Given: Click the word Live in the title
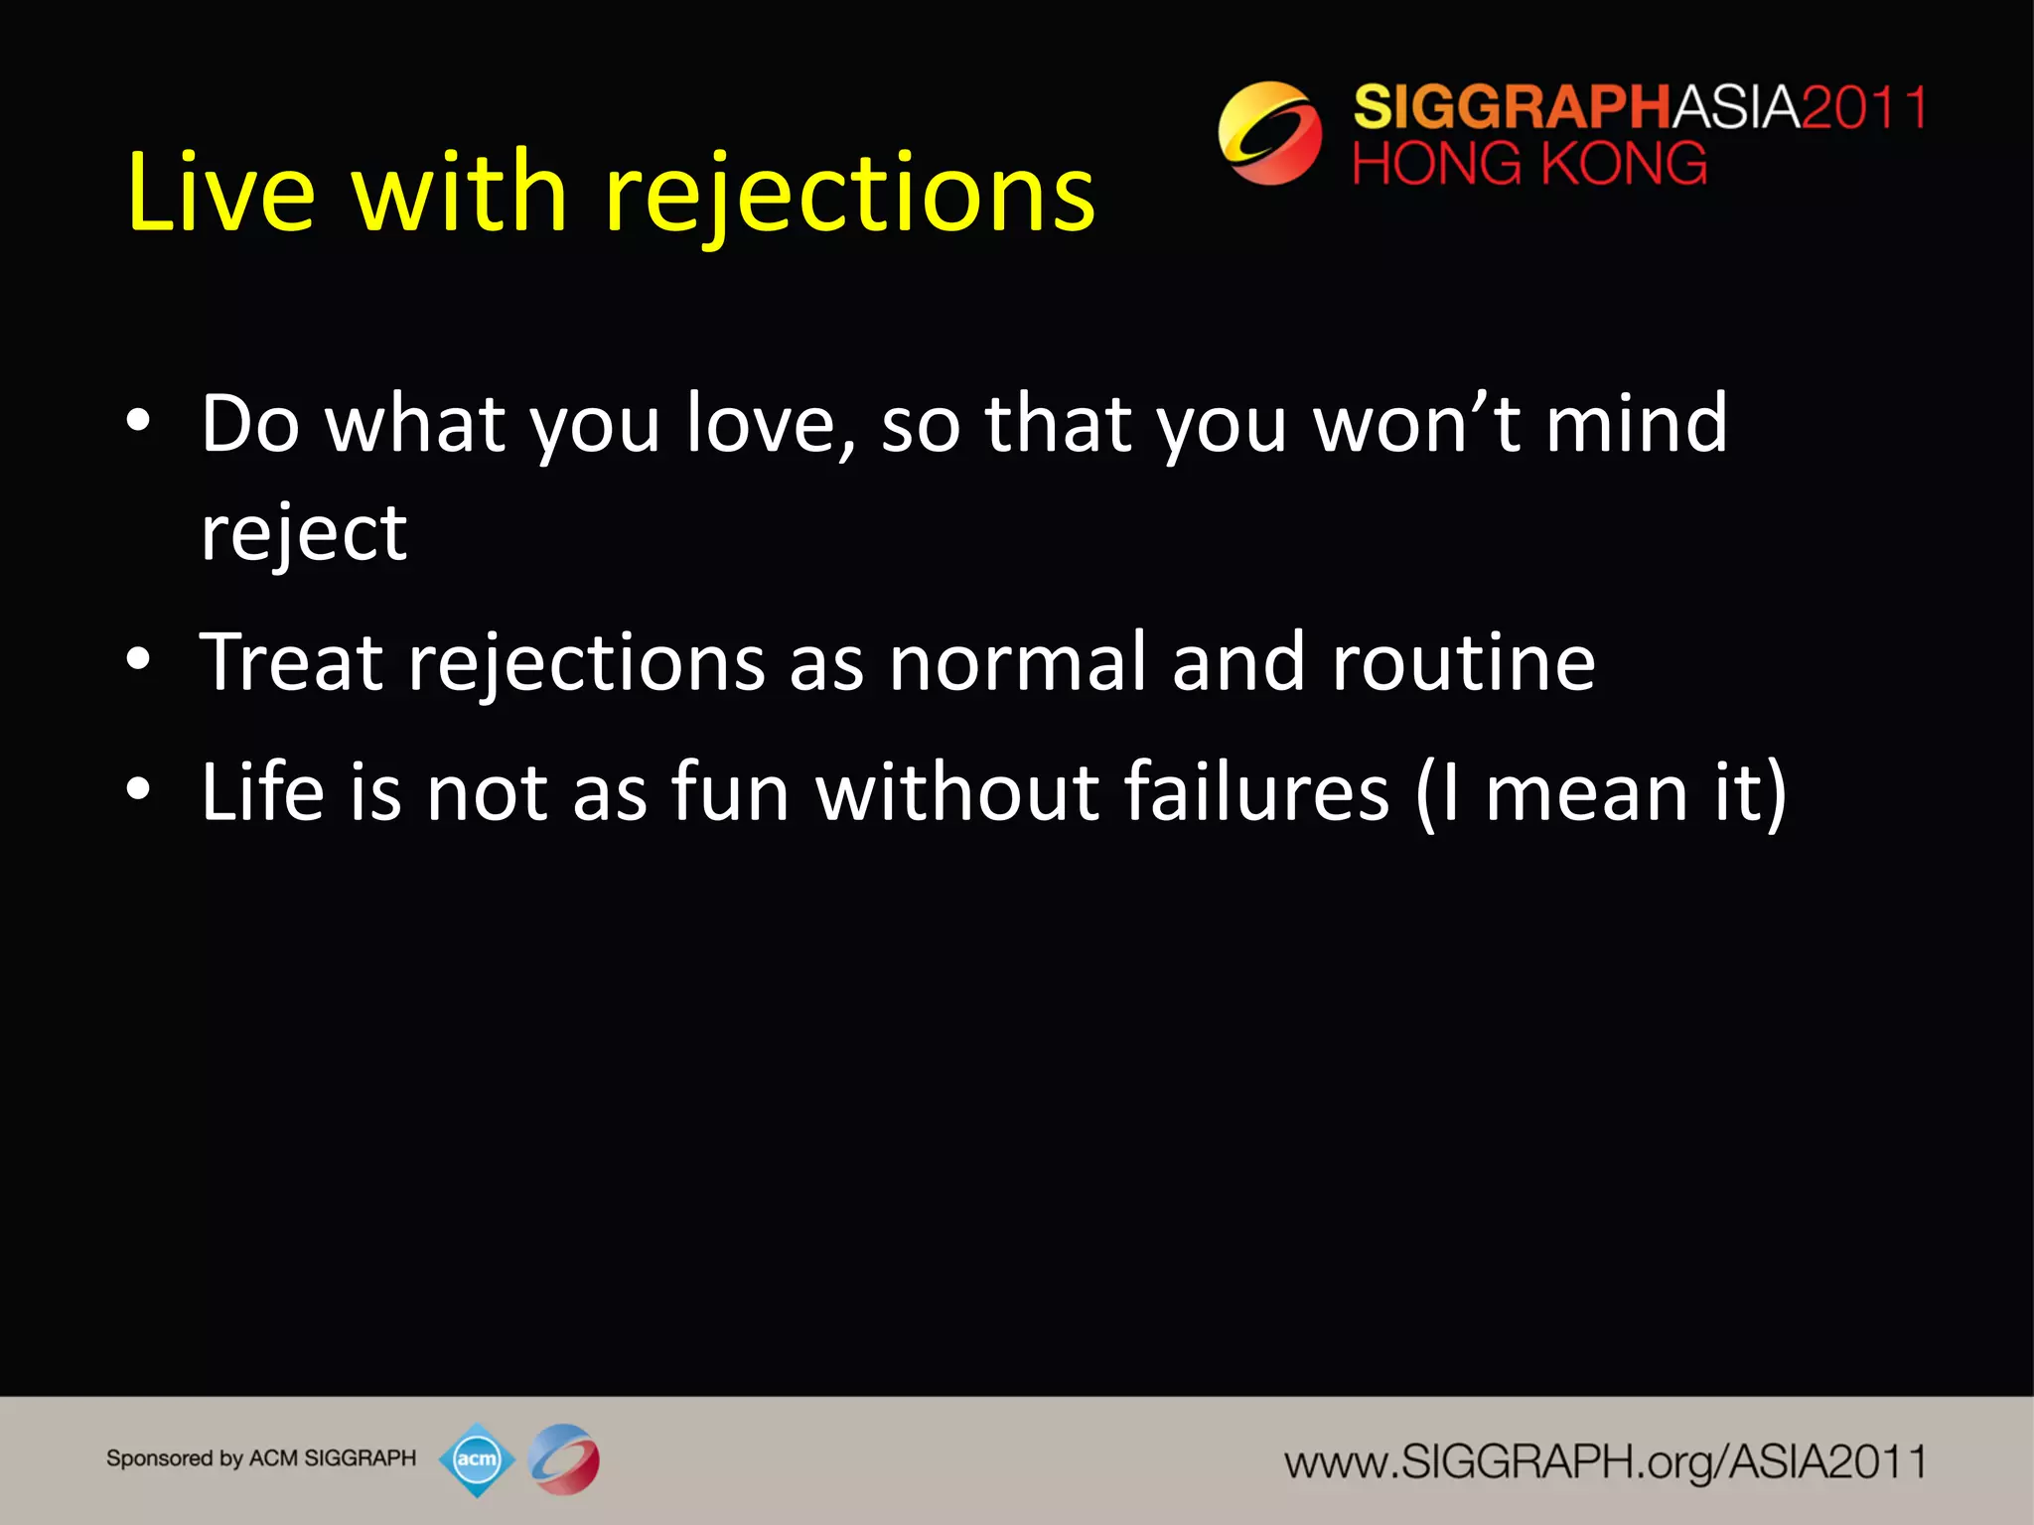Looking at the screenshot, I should click(220, 193).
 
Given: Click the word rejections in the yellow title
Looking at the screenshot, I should click(849, 193).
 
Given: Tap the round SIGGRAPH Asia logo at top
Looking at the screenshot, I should click(1269, 133).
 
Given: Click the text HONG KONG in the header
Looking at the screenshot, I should click(1529, 164).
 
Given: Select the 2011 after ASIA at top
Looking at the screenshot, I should click(1863, 107).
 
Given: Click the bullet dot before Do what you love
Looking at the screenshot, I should click(139, 422).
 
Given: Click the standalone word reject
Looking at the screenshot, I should click(304, 534).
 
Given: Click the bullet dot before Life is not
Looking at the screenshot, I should click(139, 789).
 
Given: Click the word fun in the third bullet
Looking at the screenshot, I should click(730, 792).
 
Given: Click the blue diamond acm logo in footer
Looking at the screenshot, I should click(477, 1459).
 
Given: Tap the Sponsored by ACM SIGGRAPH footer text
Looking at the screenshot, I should click(261, 1458).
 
